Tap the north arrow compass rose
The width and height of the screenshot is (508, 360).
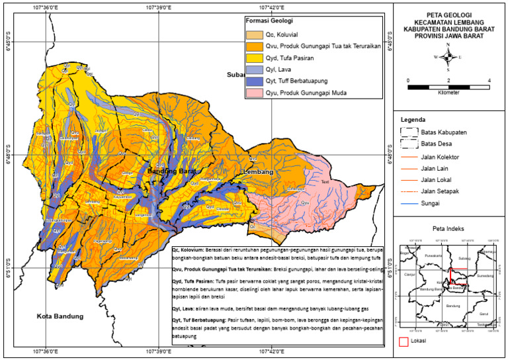(448, 57)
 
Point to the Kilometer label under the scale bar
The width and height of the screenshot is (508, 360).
(448, 93)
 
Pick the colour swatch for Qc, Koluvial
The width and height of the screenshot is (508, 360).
(253, 34)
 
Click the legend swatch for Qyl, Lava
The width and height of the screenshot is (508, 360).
(253, 69)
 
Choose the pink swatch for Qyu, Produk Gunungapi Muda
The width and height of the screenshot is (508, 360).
(253, 93)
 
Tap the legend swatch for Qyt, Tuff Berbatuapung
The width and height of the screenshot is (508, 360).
(253, 81)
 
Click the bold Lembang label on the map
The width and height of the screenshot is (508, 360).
(258, 172)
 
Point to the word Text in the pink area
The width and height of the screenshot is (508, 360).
(325, 182)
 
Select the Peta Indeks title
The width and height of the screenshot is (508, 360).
(448, 228)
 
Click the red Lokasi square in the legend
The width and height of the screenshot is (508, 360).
(404, 341)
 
